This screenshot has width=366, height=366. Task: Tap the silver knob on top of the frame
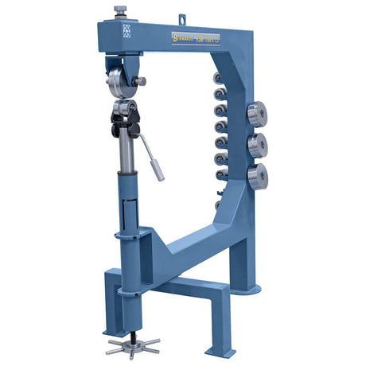[121, 10]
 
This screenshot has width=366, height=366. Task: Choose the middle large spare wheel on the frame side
[256, 145]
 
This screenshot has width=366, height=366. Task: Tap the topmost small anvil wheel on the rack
[220, 78]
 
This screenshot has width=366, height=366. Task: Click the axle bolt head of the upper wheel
[142, 80]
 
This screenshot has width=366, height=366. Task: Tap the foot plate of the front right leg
[220, 351]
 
